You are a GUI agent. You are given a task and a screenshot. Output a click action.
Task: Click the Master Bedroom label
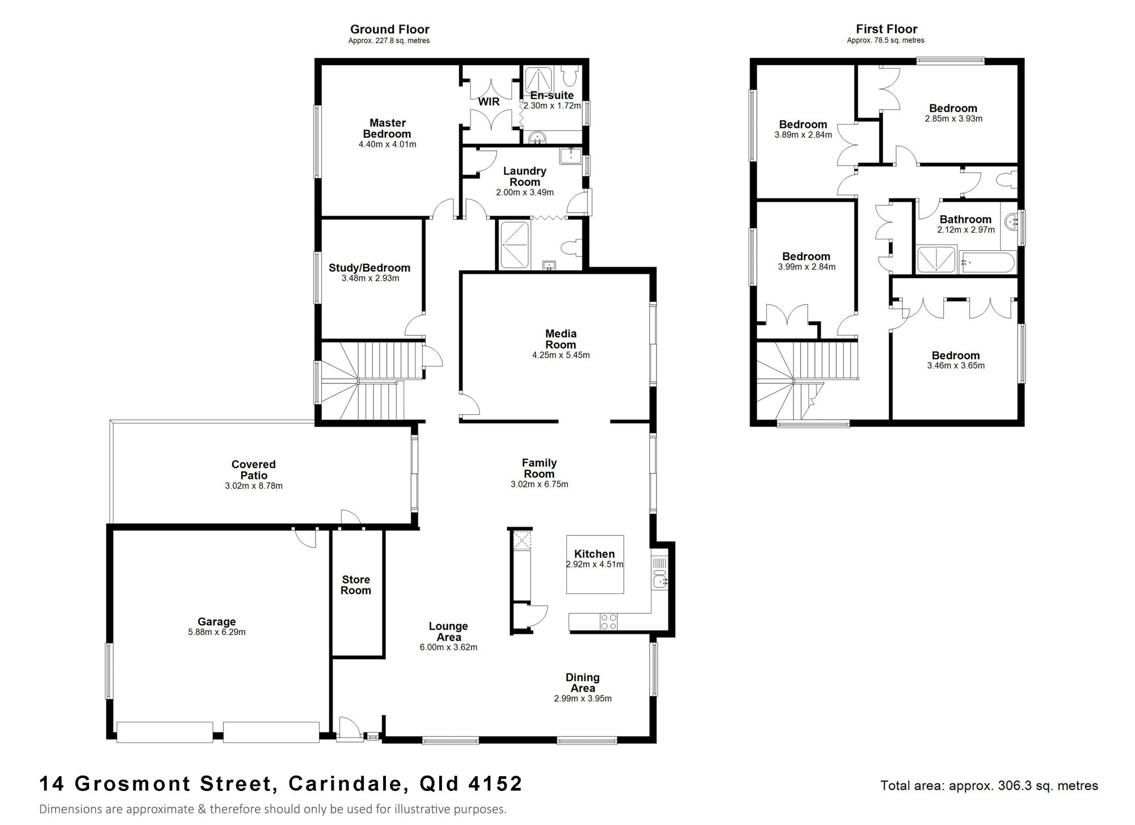(388, 128)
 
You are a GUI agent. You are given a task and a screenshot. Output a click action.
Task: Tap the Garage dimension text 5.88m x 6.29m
(217, 632)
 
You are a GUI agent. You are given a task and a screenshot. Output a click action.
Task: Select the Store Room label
(356, 585)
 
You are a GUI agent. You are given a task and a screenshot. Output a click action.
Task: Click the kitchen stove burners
(609, 622)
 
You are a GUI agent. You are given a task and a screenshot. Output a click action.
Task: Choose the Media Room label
(561, 339)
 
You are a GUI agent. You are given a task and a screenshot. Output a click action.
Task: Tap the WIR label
(489, 102)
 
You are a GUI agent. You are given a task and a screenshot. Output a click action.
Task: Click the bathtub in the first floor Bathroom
(986, 263)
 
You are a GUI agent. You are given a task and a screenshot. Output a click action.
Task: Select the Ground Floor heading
(389, 29)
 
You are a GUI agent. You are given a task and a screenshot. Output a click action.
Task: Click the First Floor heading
(886, 29)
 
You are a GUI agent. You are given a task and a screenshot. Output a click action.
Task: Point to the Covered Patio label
(254, 470)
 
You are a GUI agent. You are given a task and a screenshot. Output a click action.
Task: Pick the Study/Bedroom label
(369, 268)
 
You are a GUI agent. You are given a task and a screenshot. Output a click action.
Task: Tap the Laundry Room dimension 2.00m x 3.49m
(525, 192)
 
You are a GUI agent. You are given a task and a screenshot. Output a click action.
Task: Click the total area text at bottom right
(989, 786)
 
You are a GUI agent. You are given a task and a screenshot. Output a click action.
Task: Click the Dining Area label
(583, 683)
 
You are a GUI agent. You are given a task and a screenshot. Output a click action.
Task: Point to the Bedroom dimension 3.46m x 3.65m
(956, 366)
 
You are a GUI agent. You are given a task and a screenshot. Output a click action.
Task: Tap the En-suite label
(552, 95)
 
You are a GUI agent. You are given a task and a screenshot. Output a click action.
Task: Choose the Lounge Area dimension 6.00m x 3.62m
(448, 647)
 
